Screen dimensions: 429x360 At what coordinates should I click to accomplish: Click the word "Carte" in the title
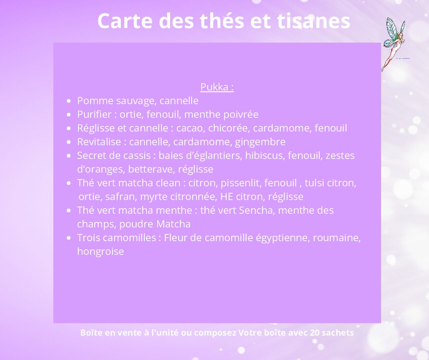click(125, 21)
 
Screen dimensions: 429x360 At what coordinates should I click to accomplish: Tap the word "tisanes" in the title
click(314, 21)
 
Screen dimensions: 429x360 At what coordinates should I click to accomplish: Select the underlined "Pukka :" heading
click(217, 87)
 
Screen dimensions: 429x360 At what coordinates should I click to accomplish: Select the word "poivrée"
click(241, 115)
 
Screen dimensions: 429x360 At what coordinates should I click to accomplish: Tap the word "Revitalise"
click(99, 142)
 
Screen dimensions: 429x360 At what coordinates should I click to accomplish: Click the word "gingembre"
click(260, 142)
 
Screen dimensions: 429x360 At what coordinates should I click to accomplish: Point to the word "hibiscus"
click(265, 156)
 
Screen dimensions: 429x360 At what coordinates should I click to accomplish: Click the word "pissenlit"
click(241, 183)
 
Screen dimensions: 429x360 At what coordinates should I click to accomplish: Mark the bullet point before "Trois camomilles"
click(68, 238)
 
